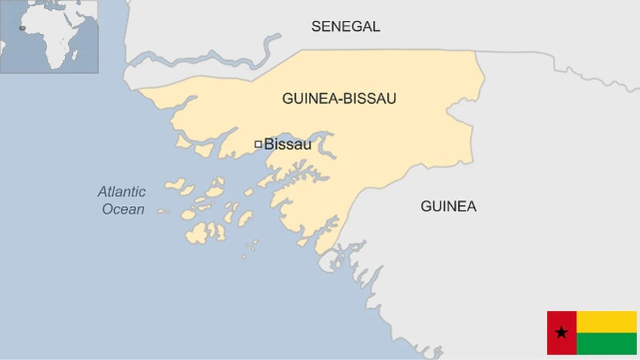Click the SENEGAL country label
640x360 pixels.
pos(345,26)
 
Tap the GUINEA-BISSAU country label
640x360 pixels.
pos(339,98)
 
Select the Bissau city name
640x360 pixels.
pos(287,144)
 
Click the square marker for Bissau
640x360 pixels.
pos(258,144)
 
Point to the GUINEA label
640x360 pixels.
pos(449,206)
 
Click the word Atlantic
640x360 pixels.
pos(122,192)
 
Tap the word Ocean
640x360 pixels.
pos(123,210)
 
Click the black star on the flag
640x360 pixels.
pos(561,332)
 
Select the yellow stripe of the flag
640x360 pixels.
pos(607,321)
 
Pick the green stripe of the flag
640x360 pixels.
pos(607,344)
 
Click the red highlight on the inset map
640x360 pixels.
pos(23,28)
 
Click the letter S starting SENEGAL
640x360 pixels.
pos(315,26)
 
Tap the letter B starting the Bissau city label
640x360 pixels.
pos(268,144)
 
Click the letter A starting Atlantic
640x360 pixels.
pos(102,192)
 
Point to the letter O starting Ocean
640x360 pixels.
pos(108,210)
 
